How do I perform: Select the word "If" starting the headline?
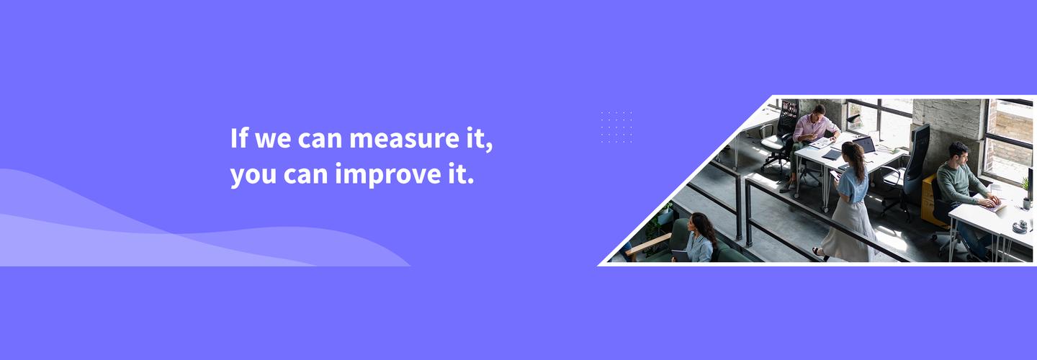coord(239,138)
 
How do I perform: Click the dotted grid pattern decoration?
coord(616,127)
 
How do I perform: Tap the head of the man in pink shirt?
coord(820,111)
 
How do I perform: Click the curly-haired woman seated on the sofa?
coord(699,238)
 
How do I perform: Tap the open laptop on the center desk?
coord(864,145)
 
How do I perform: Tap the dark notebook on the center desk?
coord(832,155)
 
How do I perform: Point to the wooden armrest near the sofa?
coord(649,243)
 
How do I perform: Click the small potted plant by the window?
coord(1027,194)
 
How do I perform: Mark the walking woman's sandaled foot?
coord(819,253)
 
